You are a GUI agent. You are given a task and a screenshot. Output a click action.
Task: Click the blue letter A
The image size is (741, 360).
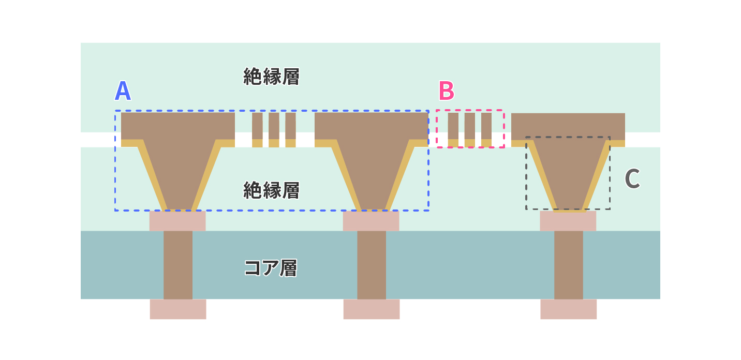pos(123,91)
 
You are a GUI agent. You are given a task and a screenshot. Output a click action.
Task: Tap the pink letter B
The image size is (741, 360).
pos(447,91)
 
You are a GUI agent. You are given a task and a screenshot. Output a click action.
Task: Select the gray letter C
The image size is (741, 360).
pos(632,178)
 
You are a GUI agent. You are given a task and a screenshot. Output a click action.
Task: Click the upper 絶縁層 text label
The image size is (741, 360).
pos(271,77)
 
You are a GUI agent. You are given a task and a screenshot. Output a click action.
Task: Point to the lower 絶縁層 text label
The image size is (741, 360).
pos(271,190)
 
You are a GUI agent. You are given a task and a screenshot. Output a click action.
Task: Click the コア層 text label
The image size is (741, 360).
pos(271,268)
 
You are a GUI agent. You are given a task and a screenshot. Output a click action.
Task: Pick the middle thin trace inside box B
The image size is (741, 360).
pos(470,130)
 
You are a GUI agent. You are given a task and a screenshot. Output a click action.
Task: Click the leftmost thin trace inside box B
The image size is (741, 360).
pos(453,130)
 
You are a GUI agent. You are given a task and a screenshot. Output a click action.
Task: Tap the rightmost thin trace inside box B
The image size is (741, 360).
pos(486,130)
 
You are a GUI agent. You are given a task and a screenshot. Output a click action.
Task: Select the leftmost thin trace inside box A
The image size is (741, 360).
pos(257,130)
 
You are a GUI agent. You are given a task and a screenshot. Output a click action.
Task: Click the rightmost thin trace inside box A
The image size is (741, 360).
pos(290,130)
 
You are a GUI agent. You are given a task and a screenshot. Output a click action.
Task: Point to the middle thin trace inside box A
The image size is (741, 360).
pos(274,130)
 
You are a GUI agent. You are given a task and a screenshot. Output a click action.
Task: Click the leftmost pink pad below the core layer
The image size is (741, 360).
pos(178,309)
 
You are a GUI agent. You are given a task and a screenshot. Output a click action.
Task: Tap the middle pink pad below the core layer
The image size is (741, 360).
pos(372,309)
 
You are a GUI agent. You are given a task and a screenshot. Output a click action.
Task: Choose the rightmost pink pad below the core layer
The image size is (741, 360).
pos(569,309)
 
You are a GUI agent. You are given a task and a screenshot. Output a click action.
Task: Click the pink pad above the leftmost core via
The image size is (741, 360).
pos(177,221)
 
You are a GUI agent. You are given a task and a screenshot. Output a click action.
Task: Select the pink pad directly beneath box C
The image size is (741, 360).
pos(568,221)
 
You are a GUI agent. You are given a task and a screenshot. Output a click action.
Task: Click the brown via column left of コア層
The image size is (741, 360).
pos(178,265)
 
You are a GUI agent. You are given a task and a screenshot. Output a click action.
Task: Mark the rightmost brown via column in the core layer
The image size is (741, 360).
pos(569,265)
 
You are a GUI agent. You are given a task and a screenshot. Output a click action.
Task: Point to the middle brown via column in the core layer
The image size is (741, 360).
pos(372,265)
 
